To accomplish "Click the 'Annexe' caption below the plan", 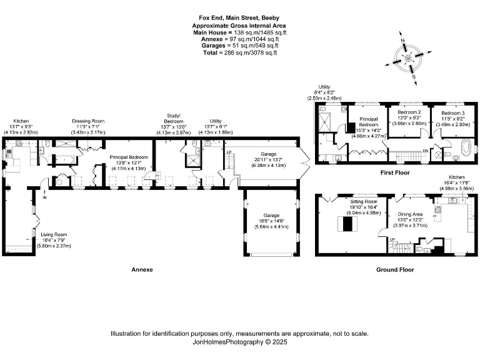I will (x=142, y=270).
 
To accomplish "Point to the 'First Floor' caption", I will (x=396, y=172).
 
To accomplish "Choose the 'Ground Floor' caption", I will (x=395, y=270).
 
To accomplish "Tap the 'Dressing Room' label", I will (x=87, y=121).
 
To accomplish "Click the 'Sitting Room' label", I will (x=362, y=202).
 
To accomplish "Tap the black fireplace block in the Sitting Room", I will (x=345, y=224).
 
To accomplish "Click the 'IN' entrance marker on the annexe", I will (x=45, y=198).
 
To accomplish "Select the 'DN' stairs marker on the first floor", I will (x=426, y=151).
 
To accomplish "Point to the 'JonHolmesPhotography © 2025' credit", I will (x=239, y=342).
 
